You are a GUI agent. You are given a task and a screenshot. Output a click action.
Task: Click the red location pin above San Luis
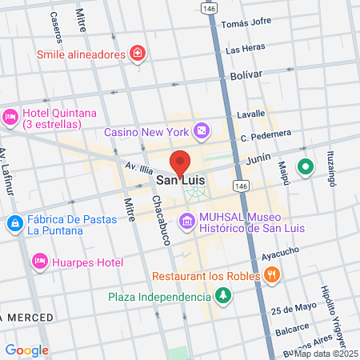click(181, 162)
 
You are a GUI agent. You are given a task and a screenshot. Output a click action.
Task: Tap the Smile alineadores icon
click(138, 54)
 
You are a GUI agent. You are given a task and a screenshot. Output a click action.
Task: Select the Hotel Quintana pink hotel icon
click(10, 118)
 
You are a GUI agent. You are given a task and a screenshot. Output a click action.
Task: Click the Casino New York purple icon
click(202, 130)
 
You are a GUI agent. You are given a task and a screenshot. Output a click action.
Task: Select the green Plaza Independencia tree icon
click(222, 297)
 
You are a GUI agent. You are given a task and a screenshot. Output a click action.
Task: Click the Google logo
click(26, 350)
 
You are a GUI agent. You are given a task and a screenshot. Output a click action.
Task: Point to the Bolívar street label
click(246, 74)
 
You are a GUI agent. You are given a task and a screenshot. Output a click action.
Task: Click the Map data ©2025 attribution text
click(326, 353)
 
